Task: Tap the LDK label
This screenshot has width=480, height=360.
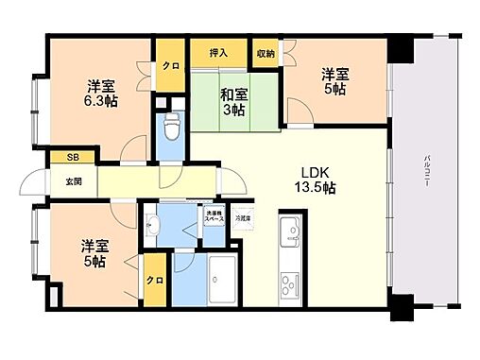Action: pyautogui.click(x=315, y=171)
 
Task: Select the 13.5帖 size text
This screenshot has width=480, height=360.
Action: pyautogui.click(x=317, y=188)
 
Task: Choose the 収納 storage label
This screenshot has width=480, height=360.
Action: pyautogui.click(x=266, y=53)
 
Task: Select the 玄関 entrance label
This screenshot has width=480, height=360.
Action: pyautogui.click(x=73, y=180)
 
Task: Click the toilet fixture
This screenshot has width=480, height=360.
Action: pyautogui.click(x=172, y=127)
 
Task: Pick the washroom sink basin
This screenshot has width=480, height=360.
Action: pyautogui.click(x=154, y=226)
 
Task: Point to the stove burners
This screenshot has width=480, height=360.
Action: pyautogui.click(x=290, y=283)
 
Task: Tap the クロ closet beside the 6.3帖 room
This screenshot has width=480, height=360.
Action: pyautogui.click(x=170, y=66)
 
